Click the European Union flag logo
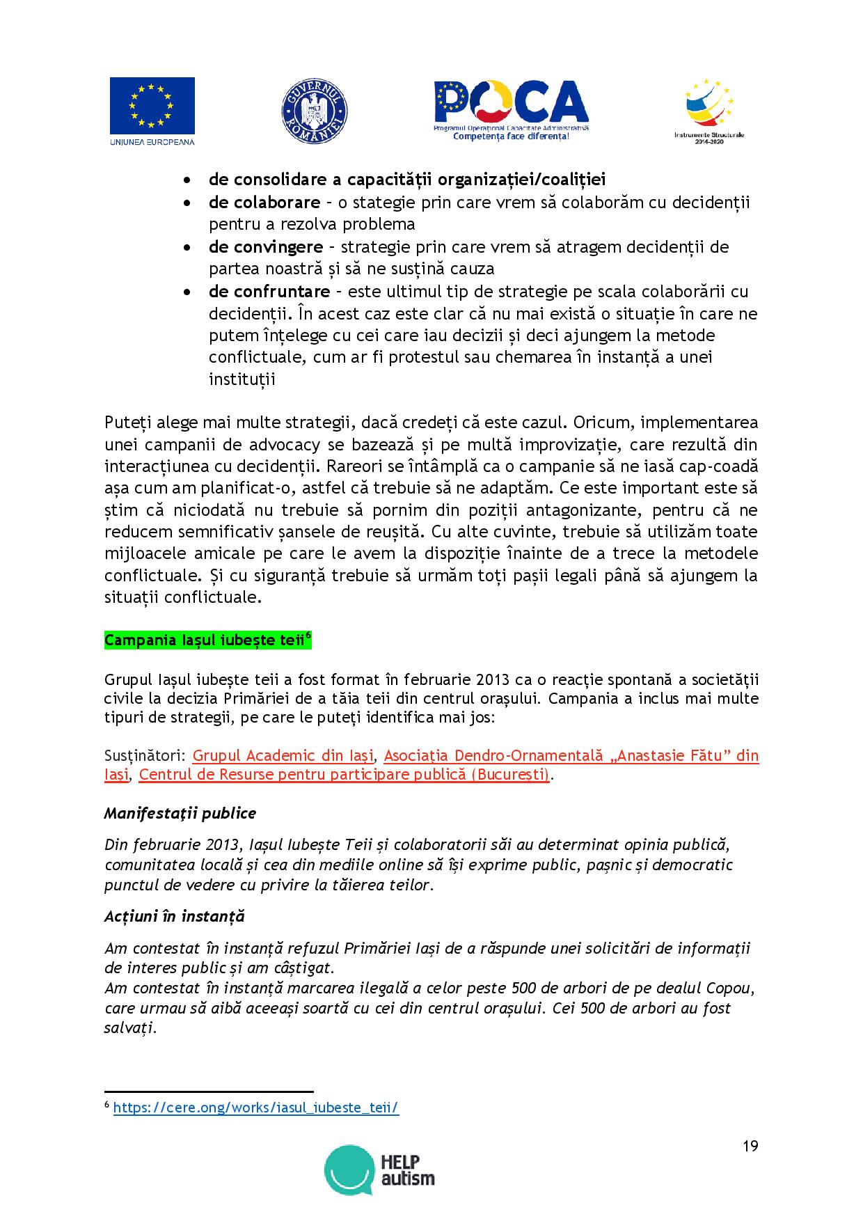(152, 106)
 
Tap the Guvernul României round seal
(314, 112)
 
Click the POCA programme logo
(511, 109)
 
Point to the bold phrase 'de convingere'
(265, 246)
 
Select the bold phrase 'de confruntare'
(269, 291)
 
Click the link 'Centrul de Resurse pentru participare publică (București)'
(344, 775)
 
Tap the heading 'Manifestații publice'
(180, 813)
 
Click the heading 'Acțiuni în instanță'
(174, 916)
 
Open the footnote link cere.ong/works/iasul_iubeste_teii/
(255, 1108)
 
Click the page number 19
(750, 1147)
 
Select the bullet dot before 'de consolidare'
(187, 180)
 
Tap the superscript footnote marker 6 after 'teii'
(308, 636)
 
